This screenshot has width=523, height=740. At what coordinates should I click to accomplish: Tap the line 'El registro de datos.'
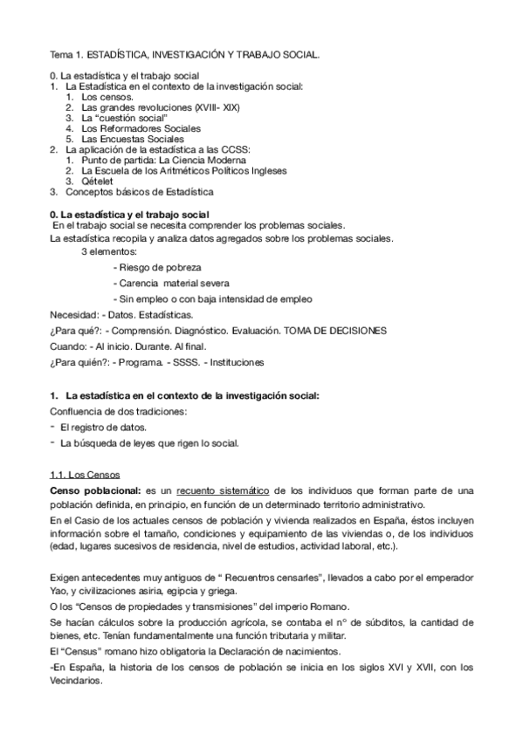[103, 427]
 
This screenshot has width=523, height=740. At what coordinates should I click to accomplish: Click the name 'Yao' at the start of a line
[60, 592]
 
